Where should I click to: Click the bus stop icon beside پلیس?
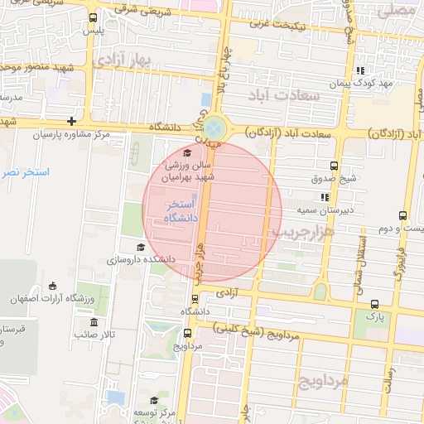click(92, 17)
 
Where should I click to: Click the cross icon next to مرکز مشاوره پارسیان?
click(73, 122)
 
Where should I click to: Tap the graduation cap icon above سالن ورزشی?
click(187, 152)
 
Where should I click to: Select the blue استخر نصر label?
click(22, 172)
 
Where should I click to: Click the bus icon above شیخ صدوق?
click(334, 166)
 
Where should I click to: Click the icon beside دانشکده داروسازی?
click(140, 247)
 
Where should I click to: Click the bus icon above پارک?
click(375, 304)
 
